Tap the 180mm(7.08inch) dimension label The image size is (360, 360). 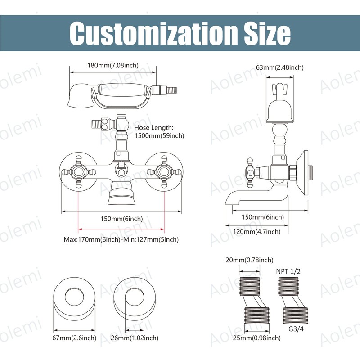[113, 65]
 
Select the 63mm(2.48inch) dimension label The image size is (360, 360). [279, 67]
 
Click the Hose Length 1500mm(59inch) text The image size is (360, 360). [159, 131]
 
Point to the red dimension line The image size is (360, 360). [121, 229]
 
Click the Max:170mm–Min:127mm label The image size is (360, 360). [121, 240]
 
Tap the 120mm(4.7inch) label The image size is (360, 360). [256, 232]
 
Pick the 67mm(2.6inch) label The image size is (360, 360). [74, 338]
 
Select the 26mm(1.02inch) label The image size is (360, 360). [135, 338]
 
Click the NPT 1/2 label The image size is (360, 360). [288, 271]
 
